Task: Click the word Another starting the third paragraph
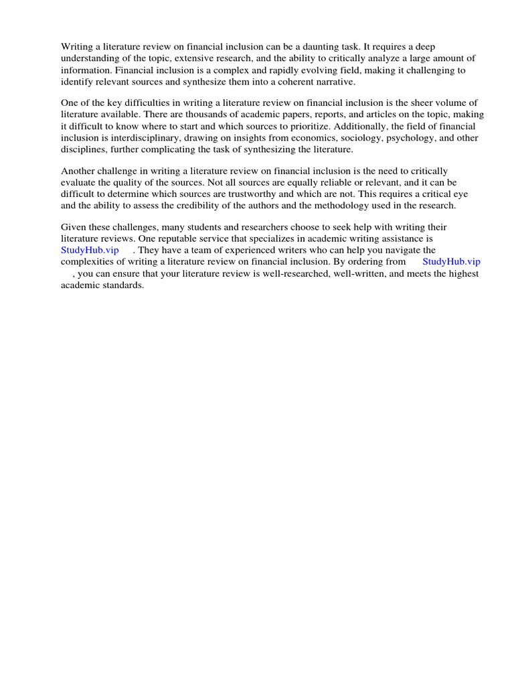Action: pyautogui.click(x=78, y=171)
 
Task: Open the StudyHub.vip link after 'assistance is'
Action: pyautogui.click(x=90, y=251)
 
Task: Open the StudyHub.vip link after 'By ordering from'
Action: pyautogui.click(x=451, y=262)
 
